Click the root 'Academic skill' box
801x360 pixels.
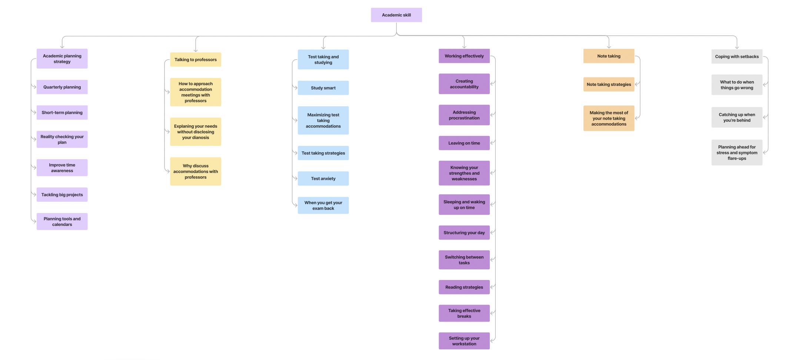coord(396,15)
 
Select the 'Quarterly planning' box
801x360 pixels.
coord(62,87)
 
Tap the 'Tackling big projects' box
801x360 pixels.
coord(62,195)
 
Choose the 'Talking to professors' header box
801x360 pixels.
coord(195,60)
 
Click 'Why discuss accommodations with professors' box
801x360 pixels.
coord(195,171)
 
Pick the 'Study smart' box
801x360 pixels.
coord(323,88)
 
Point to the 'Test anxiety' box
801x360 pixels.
coord(323,179)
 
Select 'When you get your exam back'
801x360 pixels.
coord(323,206)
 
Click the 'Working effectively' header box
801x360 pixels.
coord(464,56)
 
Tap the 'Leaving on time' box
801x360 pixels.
coord(464,143)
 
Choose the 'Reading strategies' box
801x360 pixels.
coord(464,287)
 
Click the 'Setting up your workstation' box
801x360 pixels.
coord(464,341)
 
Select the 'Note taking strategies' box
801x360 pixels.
coord(608,84)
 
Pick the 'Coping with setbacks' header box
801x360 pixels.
coord(737,57)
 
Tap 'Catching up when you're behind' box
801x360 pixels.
coord(737,117)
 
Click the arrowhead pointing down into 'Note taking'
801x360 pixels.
coord(609,47)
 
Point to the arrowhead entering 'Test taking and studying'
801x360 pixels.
coord(323,47)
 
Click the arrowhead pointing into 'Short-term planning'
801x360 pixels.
coord(35,113)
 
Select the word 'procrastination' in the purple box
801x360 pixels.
coord(464,118)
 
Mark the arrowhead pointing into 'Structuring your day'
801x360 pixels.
coord(492,233)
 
